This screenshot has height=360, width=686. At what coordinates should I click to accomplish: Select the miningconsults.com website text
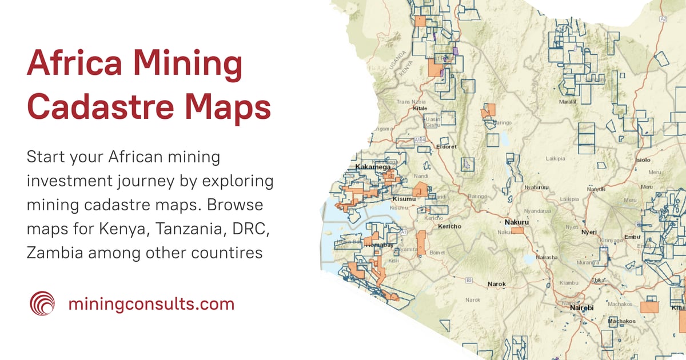coord(151,303)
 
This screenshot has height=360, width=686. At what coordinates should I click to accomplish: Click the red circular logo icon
coord(42,303)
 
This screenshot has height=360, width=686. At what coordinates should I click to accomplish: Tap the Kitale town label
coord(420,107)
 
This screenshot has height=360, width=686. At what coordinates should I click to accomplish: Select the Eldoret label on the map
coord(446,147)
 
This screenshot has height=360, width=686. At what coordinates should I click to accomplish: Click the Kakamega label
coord(373,167)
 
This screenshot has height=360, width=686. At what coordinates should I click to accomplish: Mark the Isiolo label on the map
coord(643,161)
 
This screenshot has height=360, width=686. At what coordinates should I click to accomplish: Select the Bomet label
coord(437,252)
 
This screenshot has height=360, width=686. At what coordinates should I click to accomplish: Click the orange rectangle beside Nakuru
coord(518,230)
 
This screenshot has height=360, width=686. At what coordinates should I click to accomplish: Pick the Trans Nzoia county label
coord(411,102)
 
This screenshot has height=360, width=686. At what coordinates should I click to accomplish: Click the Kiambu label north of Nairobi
coord(569,282)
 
